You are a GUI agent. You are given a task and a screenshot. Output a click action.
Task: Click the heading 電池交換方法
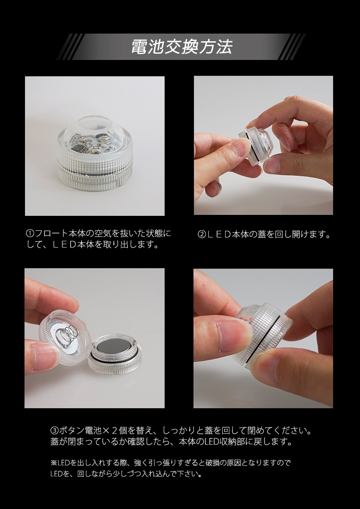181,47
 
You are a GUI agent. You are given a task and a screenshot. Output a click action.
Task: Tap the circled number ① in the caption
30,234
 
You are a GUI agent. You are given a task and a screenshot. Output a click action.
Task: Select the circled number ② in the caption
202,235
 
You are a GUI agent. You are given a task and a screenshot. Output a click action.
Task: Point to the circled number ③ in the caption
55,431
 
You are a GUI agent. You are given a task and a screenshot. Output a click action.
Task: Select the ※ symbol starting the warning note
54,462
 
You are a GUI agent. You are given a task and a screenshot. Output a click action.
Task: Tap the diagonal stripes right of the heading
292,47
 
